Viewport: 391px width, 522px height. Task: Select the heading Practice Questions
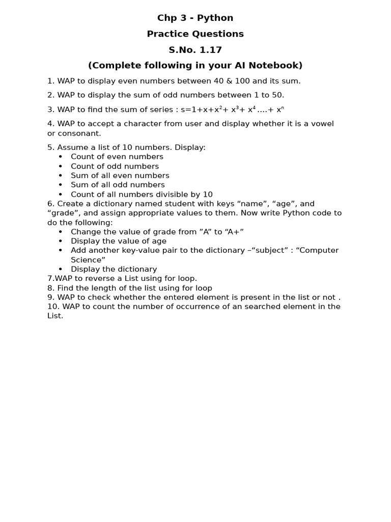tap(195, 34)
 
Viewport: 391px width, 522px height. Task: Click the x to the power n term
tap(280, 110)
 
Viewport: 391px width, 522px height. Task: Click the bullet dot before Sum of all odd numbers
tap(61, 185)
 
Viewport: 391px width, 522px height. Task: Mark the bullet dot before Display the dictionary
tap(61, 269)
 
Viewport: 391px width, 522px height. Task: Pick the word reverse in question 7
tap(93, 279)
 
